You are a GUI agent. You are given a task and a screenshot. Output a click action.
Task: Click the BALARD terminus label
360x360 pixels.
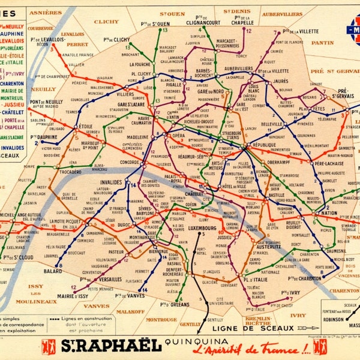53,271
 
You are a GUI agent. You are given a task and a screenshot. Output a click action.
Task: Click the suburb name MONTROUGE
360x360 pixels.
161,320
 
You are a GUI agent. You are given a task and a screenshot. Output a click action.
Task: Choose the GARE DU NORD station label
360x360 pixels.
211,91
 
